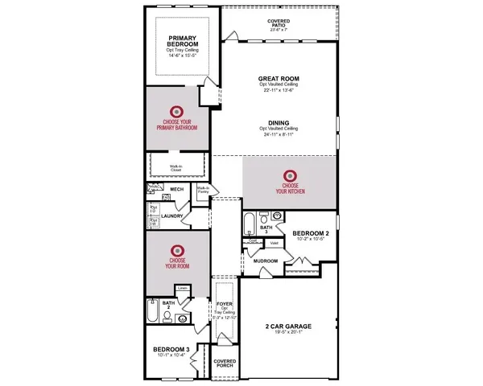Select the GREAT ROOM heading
click(x=279, y=80)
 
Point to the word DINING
click(x=279, y=123)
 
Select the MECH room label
click(x=176, y=190)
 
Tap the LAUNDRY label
click(x=174, y=216)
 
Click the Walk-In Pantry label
click(x=204, y=191)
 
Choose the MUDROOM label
click(x=266, y=261)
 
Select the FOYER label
click(x=225, y=304)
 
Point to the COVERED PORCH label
click(x=225, y=364)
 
